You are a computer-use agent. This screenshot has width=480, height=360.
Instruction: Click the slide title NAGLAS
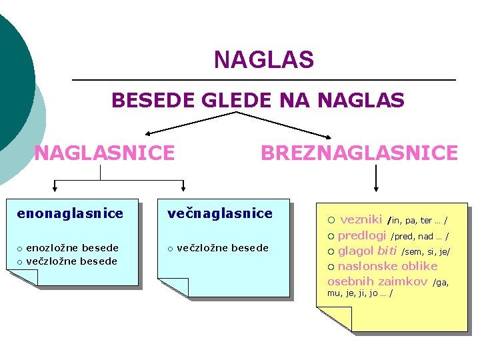[263, 61]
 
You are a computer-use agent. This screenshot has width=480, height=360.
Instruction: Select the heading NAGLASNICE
[104, 153]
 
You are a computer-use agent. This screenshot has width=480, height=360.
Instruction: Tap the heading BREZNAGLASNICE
[359, 153]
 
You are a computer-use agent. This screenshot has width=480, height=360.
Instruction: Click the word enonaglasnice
[70, 214]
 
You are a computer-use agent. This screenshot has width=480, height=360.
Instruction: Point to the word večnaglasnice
[220, 214]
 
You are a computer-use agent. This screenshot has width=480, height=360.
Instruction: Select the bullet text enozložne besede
[72, 248]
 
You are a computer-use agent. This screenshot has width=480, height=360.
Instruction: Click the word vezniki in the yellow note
[361, 219]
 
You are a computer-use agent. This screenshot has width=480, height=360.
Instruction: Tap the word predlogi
[361, 235]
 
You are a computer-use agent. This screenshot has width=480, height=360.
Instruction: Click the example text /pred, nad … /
[419, 237]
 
